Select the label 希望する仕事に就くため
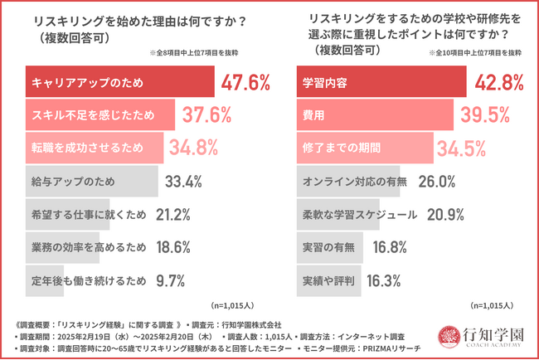tap(88, 214)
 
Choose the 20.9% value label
tap(446, 214)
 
